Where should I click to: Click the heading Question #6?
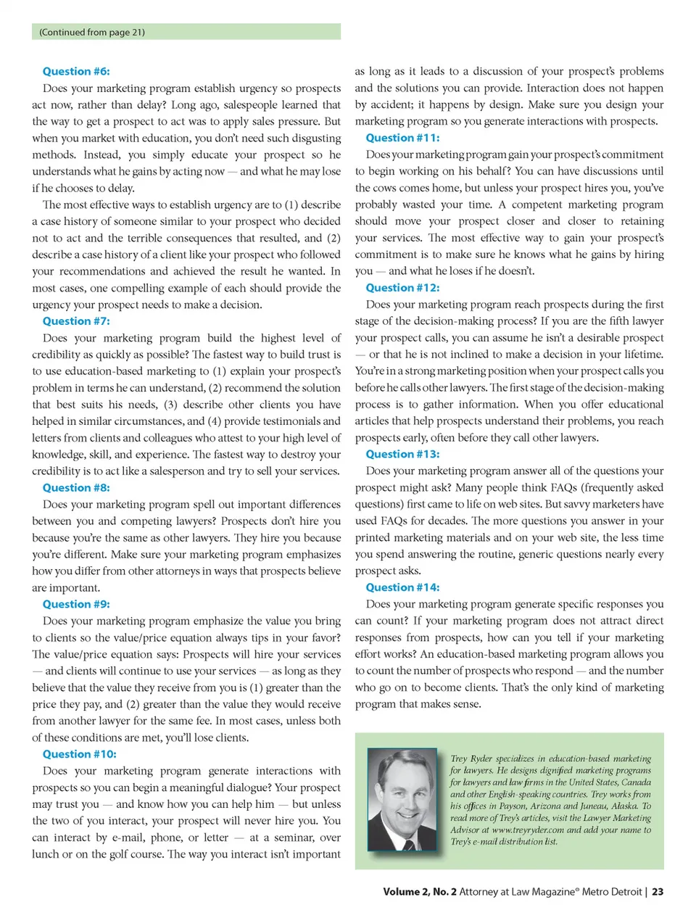click(x=76, y=71)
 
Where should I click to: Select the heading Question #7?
click(x=76, y=321)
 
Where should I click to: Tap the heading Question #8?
click(x=76, y=488)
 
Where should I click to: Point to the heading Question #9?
click(x=76, y=604)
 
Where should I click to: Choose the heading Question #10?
click(x=79, y=754)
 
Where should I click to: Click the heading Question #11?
click(x=402, y=138)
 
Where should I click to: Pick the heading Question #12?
click(x=402, y=288)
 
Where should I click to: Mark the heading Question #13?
click(x=402, y=454)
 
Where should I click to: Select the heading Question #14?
click(x=402, y=587)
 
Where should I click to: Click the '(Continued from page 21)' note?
click(x=92, y=32)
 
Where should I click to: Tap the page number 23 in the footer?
click(x=658, y=892)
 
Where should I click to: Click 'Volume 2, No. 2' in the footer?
click(x=420, y=892)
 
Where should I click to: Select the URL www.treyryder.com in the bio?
click(x=528, y=830)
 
